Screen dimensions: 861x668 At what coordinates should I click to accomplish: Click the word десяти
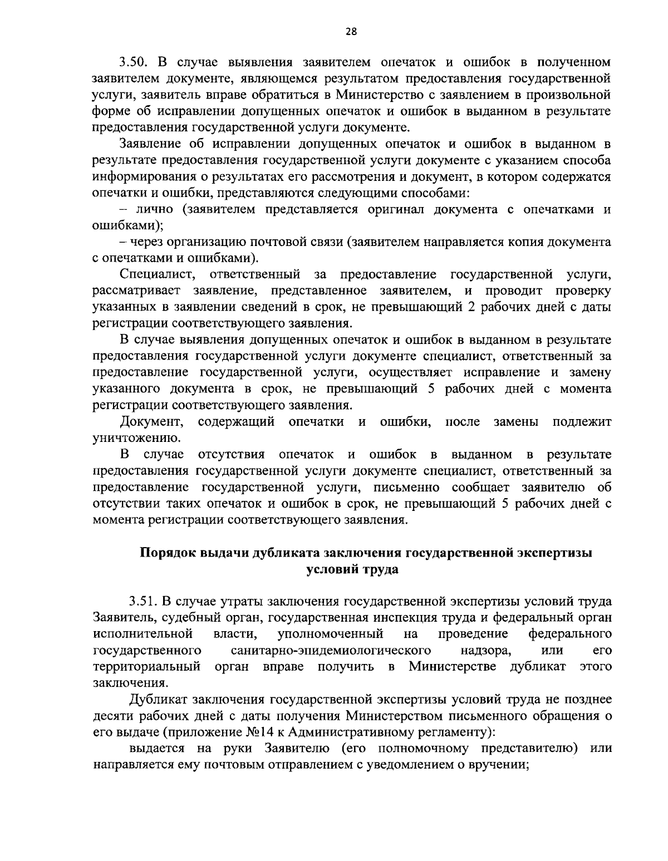tap(111, 715)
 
